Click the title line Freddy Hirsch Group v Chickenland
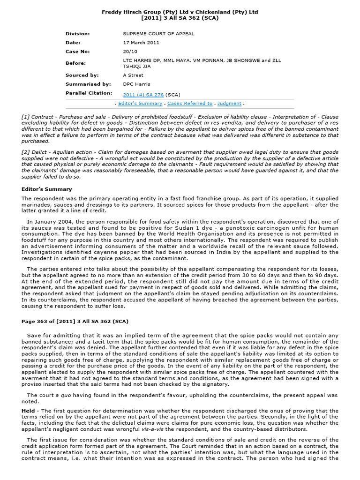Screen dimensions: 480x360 pos(180,12)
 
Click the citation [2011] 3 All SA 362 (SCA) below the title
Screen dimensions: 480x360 pos(180,18)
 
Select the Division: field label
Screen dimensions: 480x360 pos(77,34)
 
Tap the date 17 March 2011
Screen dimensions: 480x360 pos(141,43)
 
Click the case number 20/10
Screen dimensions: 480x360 pos(129,52)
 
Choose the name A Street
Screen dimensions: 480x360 pos(133,75)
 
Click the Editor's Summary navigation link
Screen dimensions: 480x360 pos(140,104)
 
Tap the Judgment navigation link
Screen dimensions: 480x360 pos(230,104)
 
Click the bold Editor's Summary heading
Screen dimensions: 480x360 pos(47,189)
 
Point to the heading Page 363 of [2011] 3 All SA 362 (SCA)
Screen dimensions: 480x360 pos(75,321)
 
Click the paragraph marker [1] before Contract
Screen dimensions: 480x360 pos(26,116)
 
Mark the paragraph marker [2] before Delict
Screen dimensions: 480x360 pos(26,152)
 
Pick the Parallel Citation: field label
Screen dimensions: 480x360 pos(89,93)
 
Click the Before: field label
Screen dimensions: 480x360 pos(76,63)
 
